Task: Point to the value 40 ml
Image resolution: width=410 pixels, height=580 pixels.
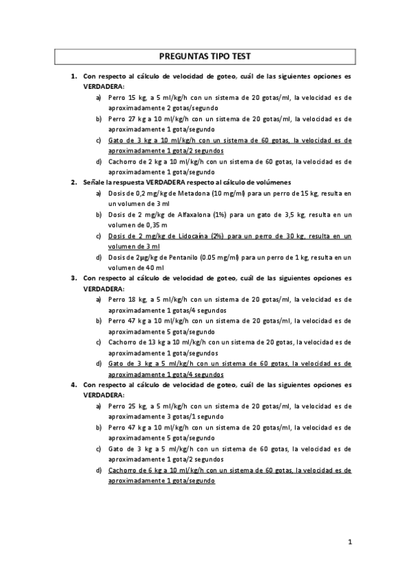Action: pos(155,268)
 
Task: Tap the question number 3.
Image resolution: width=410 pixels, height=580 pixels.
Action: pos(73,278)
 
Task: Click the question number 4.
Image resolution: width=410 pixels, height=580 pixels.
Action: pos(73,385)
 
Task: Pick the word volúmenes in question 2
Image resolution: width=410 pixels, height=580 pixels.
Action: pos(273,183)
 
